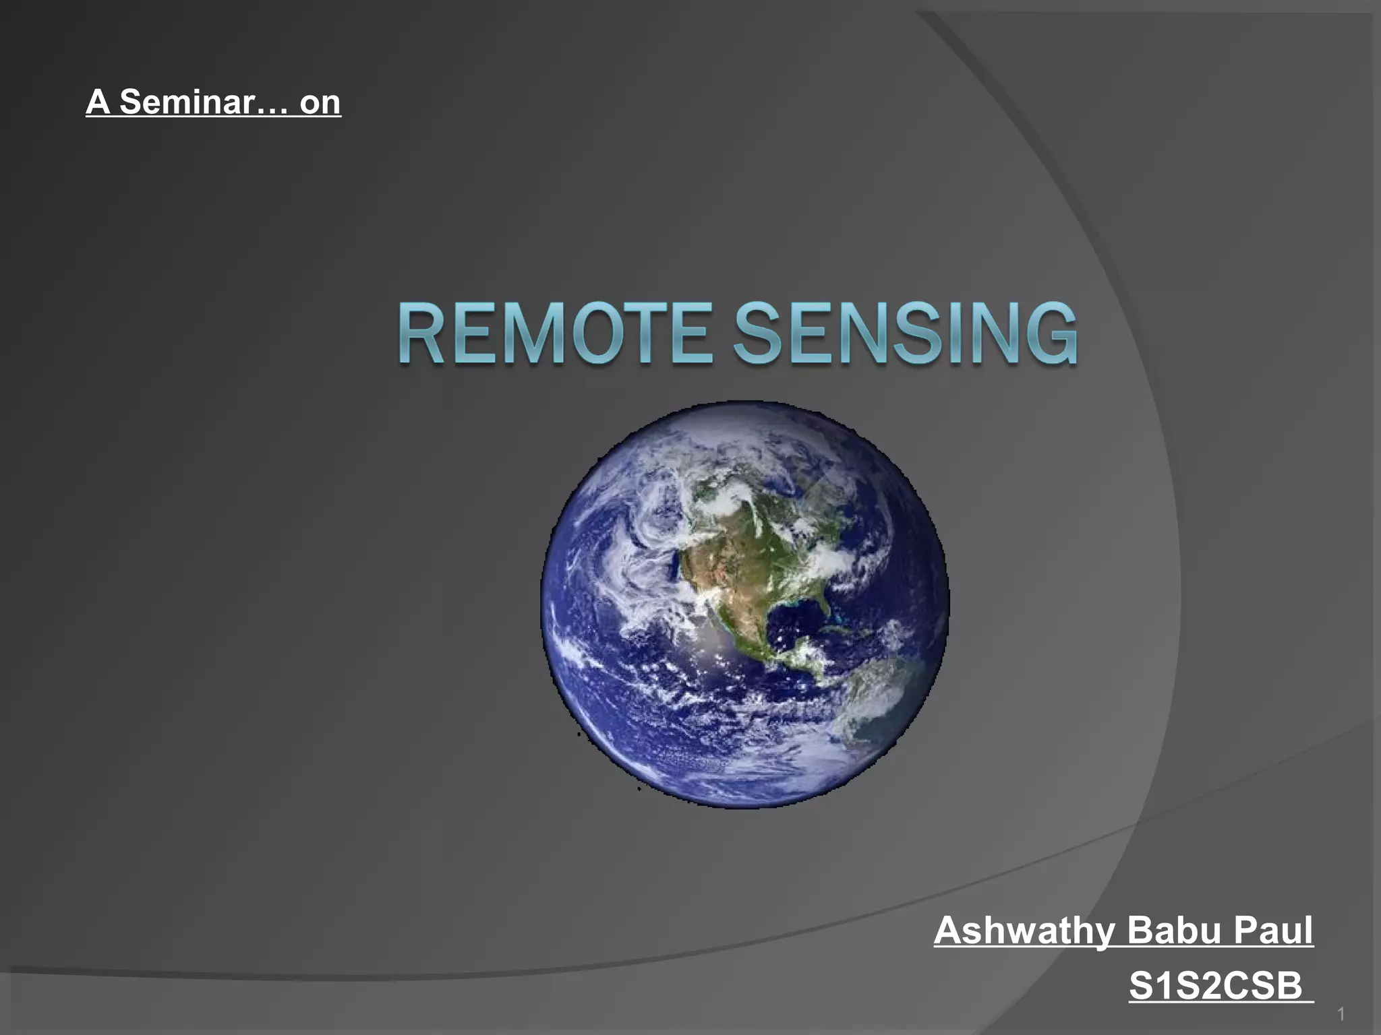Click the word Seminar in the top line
tap(187, 102)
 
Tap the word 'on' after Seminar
tap(320, 102)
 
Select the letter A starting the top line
tap(97, 102)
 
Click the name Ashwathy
tap(1024, 931)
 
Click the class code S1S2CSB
tap(1216, 986)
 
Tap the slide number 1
tap(1341, 1013)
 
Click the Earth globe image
tap(744, 604)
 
